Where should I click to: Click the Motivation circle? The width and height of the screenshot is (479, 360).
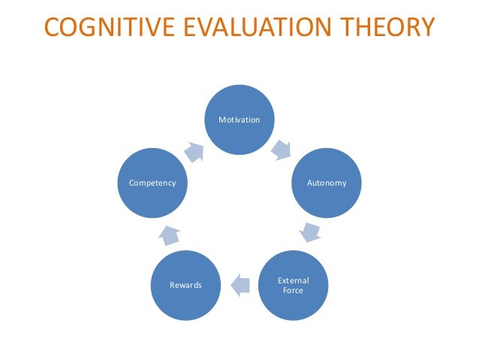coord(239,119)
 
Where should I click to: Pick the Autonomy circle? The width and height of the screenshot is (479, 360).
coord(327,183)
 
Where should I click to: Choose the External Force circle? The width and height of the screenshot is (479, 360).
coord(294,285)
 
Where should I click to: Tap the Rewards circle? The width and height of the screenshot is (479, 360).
coord(185,285)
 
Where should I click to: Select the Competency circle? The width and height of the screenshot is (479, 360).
coord(152,183)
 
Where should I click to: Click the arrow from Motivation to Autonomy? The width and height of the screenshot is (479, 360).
coord(281,149)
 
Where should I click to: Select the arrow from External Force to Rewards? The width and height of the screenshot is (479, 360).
coord(239,285)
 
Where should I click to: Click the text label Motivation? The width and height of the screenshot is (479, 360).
coord(239,119)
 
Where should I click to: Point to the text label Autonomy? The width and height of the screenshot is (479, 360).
coord(327,183)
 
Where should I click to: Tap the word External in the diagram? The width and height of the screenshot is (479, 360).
coord(294,280)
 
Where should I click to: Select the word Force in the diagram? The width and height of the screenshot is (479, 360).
coord(294,290)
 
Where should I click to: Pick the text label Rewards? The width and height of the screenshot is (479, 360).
coord(185,285)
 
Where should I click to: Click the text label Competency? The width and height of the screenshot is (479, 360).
coord(152,183)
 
